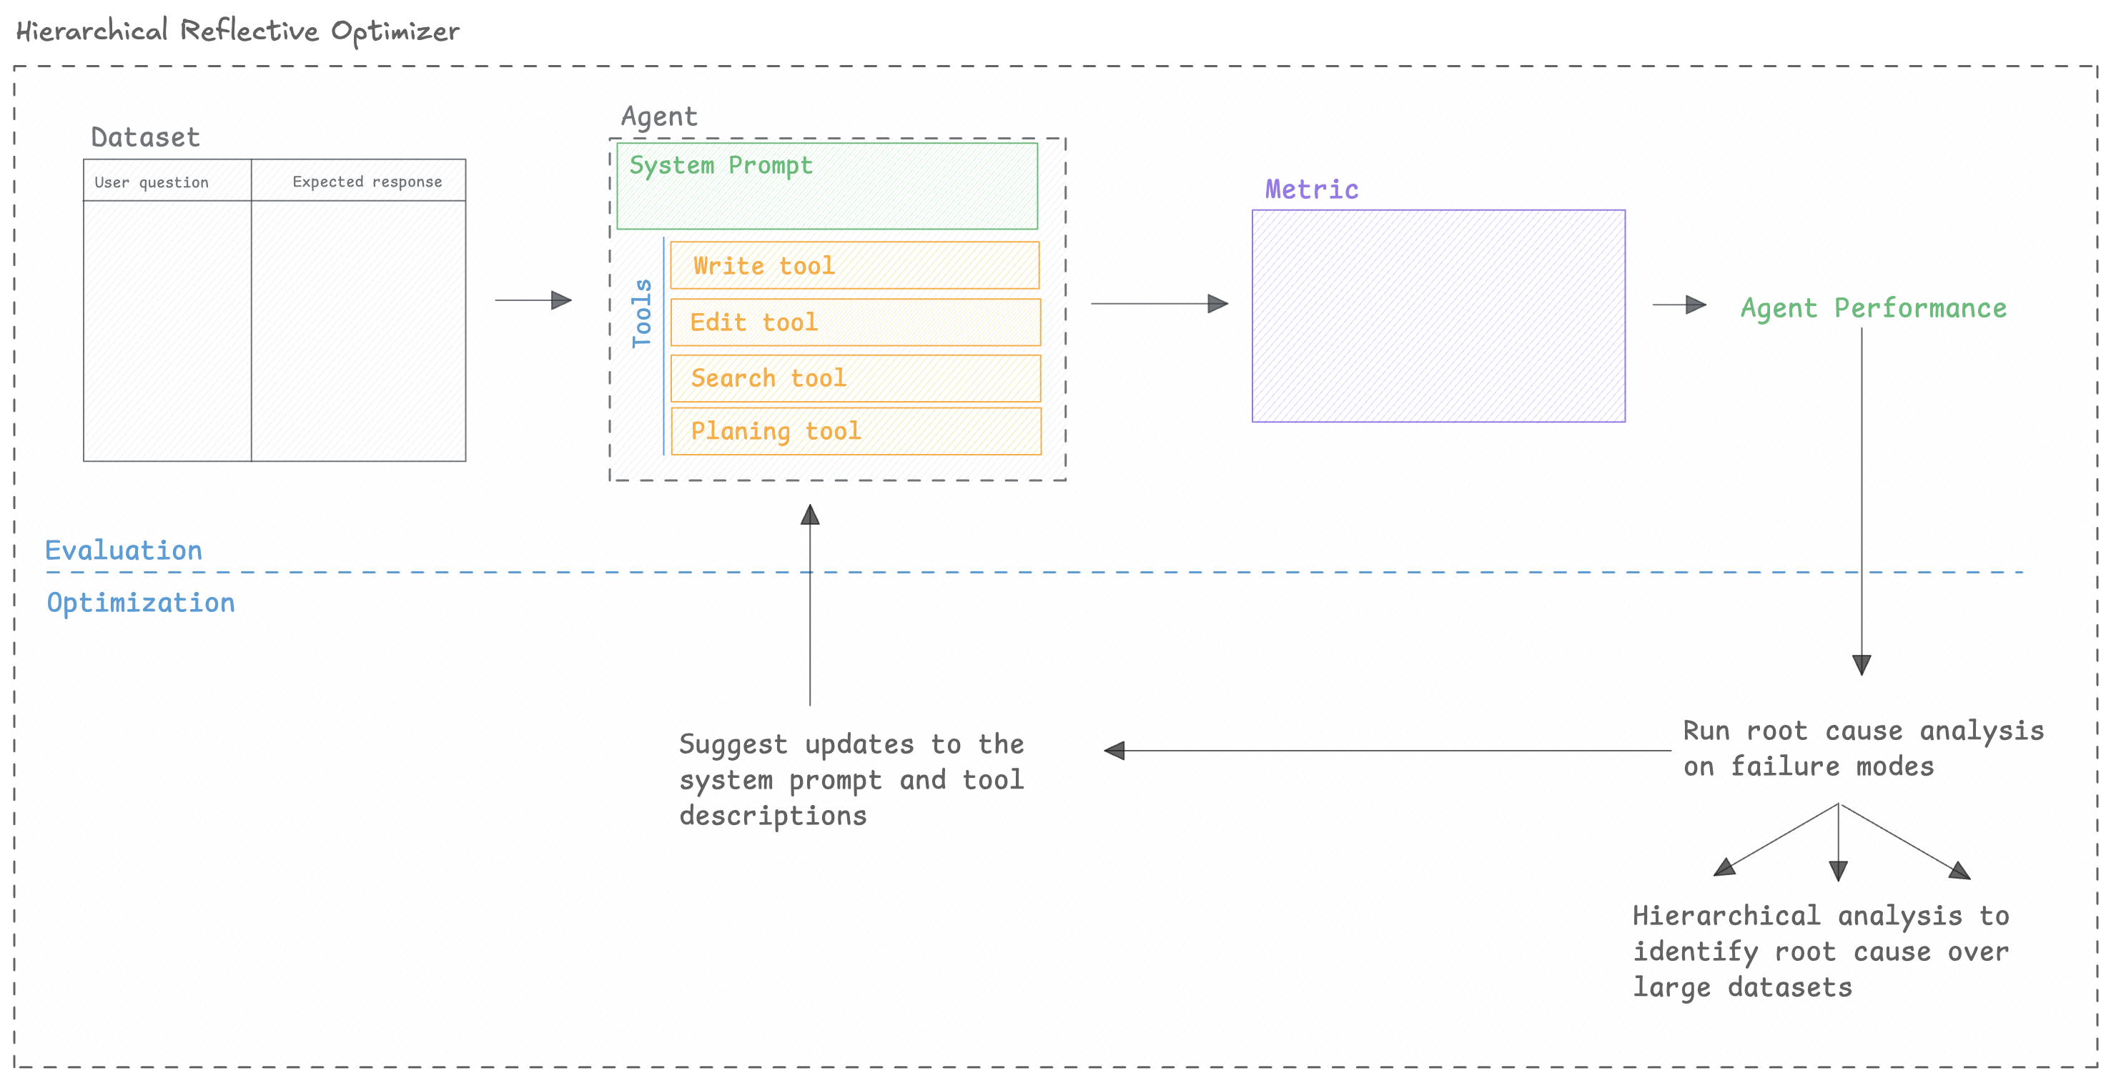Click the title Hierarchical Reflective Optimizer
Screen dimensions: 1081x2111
pos(237,31)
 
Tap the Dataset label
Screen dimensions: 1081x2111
pos(145,137)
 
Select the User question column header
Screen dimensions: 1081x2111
pos(152,182)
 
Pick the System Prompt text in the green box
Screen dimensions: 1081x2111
pos(721,166)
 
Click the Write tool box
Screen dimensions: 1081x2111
pos(854,265)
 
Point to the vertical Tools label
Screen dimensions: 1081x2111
pos(642,313)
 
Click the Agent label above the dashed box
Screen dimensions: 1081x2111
pos(659,117)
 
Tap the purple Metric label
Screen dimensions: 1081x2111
pos(1311,189)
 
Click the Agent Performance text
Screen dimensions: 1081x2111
pos(1874,308)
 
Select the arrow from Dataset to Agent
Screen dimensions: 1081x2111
pos(533,300)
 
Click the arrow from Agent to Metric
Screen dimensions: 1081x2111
pos(1158,303)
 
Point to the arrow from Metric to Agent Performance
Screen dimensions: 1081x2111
pos(1679,305)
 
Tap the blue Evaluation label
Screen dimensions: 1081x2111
pos(124,550)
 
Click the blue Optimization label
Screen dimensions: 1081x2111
pos(141,603)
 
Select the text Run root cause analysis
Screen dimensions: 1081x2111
pos(1863,730)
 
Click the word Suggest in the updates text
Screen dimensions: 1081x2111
pos(733,744)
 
